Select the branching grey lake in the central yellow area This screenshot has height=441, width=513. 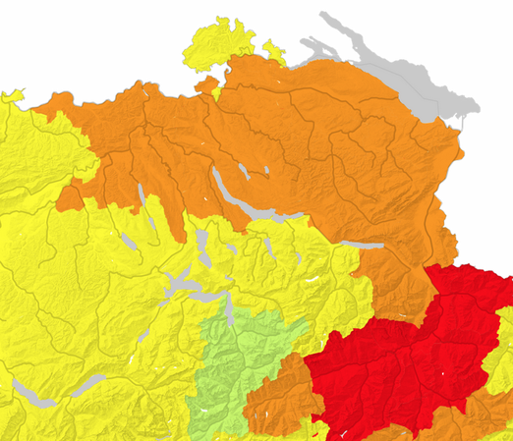tap(182, 285)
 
